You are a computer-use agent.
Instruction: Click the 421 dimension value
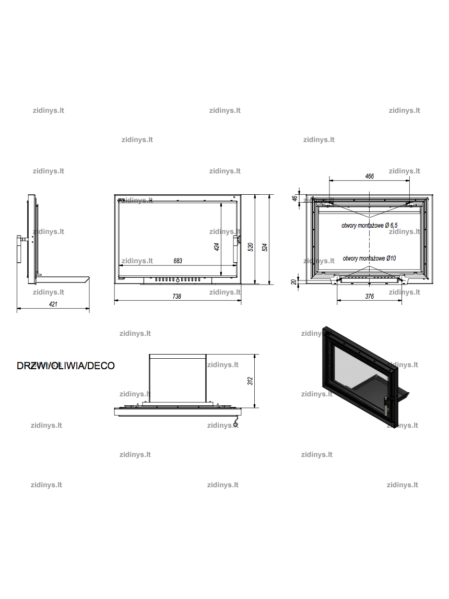[53, 304]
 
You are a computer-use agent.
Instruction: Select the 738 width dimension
[177, 296]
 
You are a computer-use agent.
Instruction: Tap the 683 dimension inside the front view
[178, 261]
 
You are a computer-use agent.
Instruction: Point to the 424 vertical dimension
[217, 247]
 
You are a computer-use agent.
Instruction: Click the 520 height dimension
[251, 247]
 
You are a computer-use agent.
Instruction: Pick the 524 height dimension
[265, 247]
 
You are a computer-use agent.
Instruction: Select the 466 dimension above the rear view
[370, 176]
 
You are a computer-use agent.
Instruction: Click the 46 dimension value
[294, 198]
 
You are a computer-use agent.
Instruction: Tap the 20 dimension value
[293, 282]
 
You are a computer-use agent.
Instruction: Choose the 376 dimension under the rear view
[370, 296]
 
